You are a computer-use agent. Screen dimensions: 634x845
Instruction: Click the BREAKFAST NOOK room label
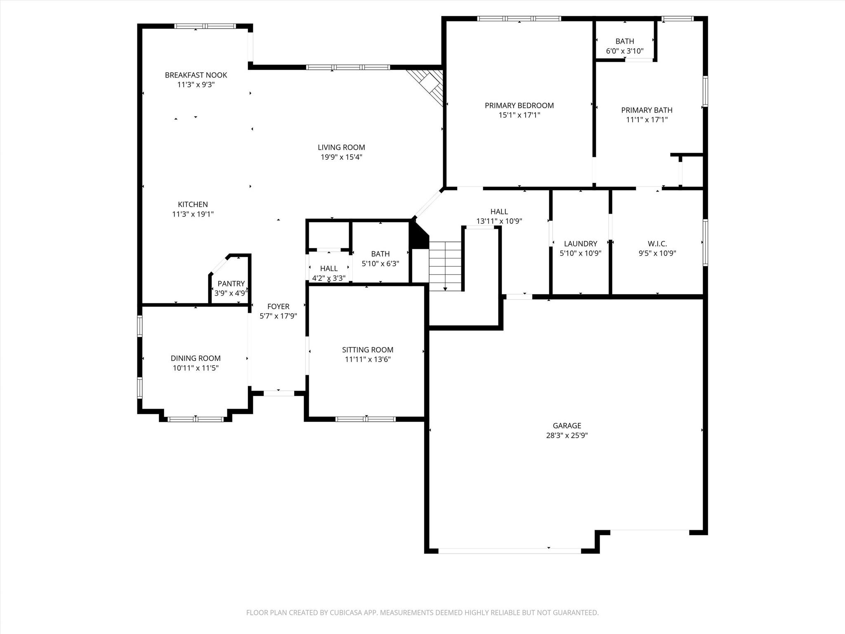pyautogui.click(x=196, y=75)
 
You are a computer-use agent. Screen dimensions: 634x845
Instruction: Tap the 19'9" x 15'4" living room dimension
pyautogui.click(x=341, y=157)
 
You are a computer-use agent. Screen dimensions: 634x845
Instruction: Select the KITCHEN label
pyautogui.click(x=193, y=204)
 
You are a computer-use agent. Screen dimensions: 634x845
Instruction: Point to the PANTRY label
pyautogui.click(x=231, y=284)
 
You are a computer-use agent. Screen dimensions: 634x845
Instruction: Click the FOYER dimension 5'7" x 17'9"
pyautogui.click(x=278, y=316)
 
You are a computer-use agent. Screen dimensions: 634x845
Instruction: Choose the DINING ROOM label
pyautogui.click(x=196, y=358)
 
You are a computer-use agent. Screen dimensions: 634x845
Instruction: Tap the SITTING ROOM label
pyautogui.click(x=367, y=350)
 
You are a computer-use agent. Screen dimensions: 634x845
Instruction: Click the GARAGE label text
pyautogui.click(x=567, y=426)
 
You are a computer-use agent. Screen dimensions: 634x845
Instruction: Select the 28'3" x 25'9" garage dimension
pyautogui.click(x=567, y=435)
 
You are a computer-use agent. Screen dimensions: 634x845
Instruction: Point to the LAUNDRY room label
pyautogui.click(x=580, y=244)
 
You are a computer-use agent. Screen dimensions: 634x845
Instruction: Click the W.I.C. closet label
pyautogui.click(x=657, y=244)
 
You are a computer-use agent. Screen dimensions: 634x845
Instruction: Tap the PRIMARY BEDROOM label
pyautogui.click(x=519, y=105)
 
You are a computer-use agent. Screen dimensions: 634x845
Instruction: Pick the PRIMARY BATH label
pyautogui.click(x=647, y=110)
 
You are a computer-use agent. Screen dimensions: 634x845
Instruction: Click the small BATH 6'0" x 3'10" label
pyautogui.click(x=625, y=41)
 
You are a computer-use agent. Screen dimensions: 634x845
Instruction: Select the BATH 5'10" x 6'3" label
pyautogui.click(x=380, y=254)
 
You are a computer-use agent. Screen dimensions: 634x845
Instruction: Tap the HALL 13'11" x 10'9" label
pyautogui.click(x=499, y=212)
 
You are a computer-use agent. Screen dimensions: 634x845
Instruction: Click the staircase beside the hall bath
pyautogui.click(x=445, y=266)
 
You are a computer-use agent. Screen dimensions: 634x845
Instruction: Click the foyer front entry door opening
pyautogui.click(x=279, y=393)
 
